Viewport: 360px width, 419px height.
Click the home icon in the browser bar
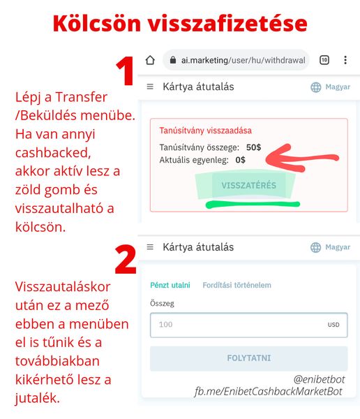[150, 60]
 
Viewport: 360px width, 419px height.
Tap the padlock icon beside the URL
[173, 60]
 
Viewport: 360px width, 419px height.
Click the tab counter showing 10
[324, 60]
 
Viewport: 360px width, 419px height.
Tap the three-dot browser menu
[345, 60]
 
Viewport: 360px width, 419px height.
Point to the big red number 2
[126, 259]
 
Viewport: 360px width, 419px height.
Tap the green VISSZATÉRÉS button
[248, 185]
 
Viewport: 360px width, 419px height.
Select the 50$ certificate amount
[253, 147]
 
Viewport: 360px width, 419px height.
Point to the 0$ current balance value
[241, 160]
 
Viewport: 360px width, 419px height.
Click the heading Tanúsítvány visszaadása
[206, 131]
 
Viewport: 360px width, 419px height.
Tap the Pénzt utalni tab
[170, 285]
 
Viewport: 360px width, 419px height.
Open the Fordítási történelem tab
[237, 285]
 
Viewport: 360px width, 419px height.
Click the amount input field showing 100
[248, 325]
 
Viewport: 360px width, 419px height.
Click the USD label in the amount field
[333, 325]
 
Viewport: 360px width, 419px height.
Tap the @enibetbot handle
[319, 379]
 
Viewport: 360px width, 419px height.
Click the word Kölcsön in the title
[97, 23]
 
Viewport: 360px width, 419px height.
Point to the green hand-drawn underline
[253, 205]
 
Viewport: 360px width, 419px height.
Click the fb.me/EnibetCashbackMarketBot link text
[268, 392]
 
